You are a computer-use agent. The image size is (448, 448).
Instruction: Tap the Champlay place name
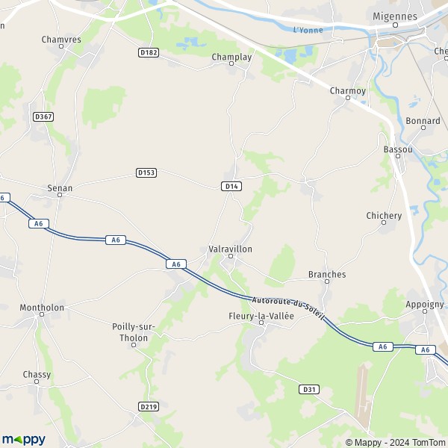tap(232, 56)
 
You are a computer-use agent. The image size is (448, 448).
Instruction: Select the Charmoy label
tap(348, 90)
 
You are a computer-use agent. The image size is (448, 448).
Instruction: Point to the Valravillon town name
tap(231, 249)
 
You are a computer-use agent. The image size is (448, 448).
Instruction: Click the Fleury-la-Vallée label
tap(261, 316)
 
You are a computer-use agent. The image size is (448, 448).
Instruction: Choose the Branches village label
tap(327, 274)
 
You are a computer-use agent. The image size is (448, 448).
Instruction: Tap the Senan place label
tap(60, 188)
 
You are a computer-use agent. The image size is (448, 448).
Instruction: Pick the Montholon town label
tap(42, 307)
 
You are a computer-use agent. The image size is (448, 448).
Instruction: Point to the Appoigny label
tap(424, 304)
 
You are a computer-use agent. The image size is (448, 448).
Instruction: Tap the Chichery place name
tap(384, 216)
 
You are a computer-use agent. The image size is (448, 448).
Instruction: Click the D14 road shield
tap(231, 186)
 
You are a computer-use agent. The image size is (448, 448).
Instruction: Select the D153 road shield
tap(146, 172)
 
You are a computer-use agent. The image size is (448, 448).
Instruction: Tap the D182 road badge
tap(149, 52)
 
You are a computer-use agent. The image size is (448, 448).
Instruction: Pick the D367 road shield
tap(44, 116)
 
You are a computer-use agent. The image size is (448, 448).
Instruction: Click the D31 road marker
tap(309, 390)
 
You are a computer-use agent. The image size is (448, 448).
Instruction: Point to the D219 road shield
tap(149, 406)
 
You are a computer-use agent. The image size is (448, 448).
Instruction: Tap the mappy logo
tap(24, 439)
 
